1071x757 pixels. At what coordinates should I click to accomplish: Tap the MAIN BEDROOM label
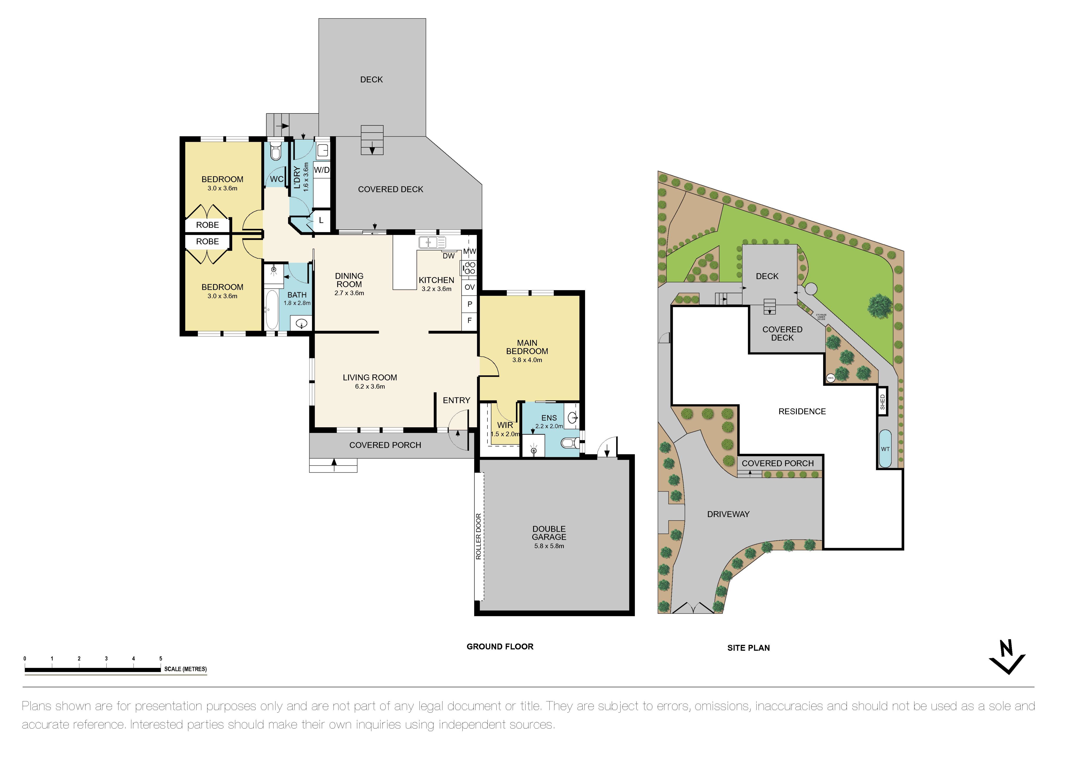click(527, 347)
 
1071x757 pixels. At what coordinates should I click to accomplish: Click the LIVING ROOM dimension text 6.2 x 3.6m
click(370, 386)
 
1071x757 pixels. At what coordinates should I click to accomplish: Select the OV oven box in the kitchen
click(469, 287)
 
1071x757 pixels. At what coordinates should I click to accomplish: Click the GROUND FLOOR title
click(500, 647)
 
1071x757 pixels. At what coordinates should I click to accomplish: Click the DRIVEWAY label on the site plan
click(728, 514)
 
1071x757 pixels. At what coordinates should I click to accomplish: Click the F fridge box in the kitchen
click(469, 321)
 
